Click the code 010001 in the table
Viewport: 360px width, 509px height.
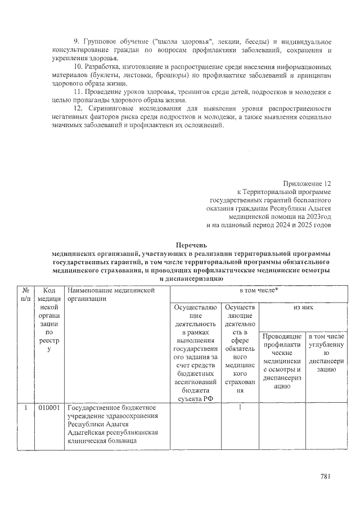[49, 407]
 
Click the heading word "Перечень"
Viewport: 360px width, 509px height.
[191, 245]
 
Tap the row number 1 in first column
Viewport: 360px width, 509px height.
[26, 407]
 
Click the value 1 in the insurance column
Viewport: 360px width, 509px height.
[240, 407]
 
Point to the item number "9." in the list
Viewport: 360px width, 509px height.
[78, 43]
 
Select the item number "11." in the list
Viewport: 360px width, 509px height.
[79, 91]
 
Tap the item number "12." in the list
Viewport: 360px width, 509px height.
[79, 107]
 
